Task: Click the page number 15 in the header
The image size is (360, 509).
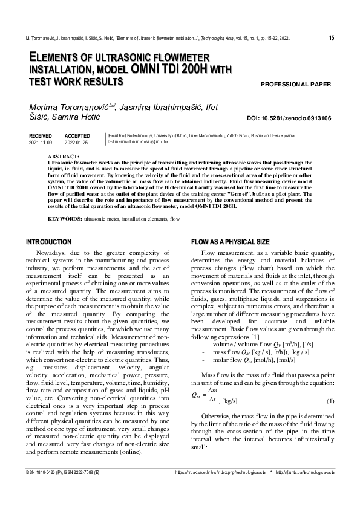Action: [x=331, y=38]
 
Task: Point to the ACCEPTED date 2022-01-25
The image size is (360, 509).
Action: [x=76, y=143]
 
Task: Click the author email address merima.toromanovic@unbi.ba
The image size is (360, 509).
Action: [x=141, y=142]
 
